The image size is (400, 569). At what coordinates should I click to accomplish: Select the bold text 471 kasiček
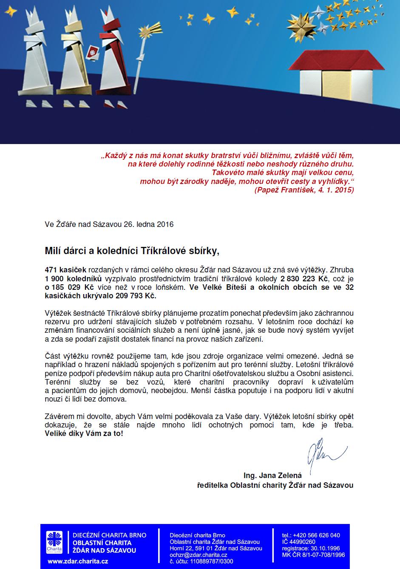coord(65,270)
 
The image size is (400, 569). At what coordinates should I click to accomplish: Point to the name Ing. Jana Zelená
coord(272,476)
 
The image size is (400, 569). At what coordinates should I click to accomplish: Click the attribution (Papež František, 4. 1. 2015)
coord(304,190)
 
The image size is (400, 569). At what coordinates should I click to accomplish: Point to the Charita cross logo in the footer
coord(54,542)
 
